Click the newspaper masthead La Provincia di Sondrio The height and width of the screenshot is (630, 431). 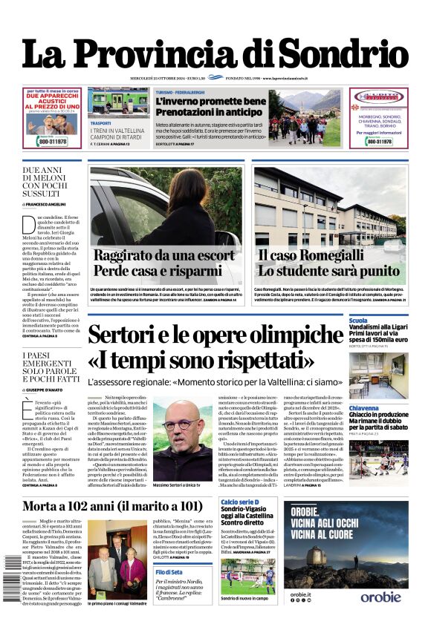coord(215,54)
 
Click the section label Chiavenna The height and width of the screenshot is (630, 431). coord(364,408)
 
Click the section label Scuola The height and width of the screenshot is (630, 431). coord(358,321)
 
